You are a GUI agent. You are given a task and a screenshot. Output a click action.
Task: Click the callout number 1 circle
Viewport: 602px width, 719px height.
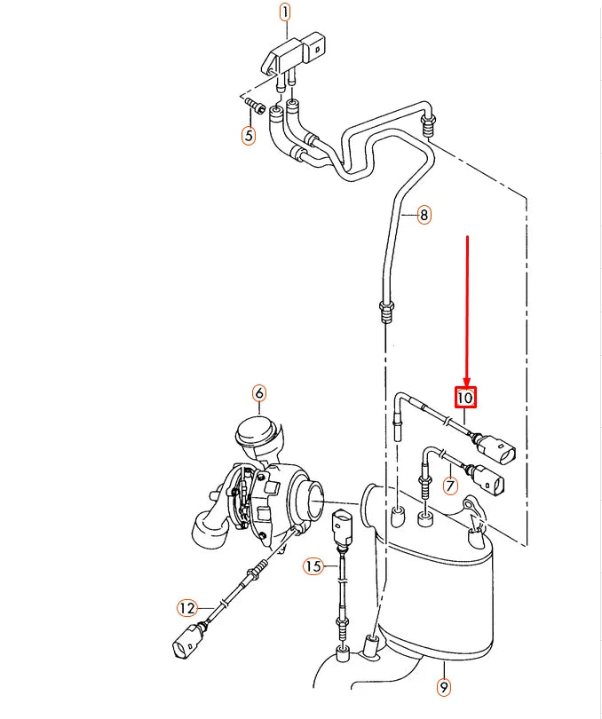click(x=285, y=12)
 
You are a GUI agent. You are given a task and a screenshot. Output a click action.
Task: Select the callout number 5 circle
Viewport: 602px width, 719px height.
click(x=249, y=136)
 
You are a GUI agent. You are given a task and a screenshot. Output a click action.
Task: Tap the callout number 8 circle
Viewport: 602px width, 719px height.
click(x=424, y=214)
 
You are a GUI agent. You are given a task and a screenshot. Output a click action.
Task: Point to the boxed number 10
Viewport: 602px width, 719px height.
click(x=466, y=398)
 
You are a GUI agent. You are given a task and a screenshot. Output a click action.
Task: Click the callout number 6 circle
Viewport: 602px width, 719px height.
click(x=258, y=392)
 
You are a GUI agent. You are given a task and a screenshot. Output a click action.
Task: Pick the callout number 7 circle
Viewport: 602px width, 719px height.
click(x=450, y=486)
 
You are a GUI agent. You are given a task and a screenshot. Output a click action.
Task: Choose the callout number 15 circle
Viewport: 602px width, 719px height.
click(x=312, y=565)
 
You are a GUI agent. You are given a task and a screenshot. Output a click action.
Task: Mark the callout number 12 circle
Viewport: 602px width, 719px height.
click(x=186, y=608)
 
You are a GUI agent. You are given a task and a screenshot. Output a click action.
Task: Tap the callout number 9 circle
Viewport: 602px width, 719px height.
click(x=443, y=686)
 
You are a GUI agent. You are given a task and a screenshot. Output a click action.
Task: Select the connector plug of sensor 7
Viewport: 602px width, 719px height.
click(x=489, y=480)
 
